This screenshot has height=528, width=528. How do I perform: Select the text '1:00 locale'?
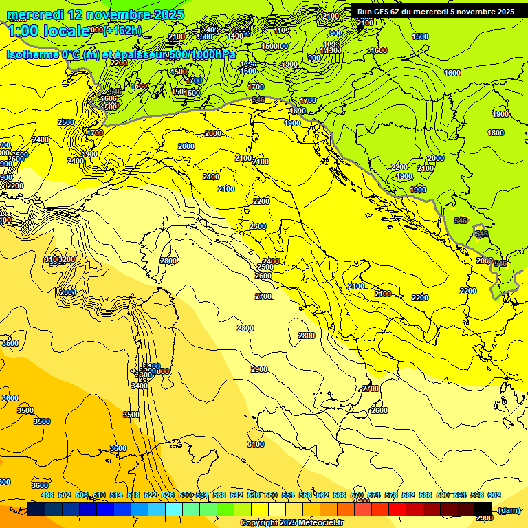coord(48,30)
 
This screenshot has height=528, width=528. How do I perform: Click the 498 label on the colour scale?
coord(47,495)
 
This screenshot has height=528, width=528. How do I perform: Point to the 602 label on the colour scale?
coord(494,495)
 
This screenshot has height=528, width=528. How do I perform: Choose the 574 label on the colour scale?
coord(374,495)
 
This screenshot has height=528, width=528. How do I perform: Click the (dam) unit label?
coord(509,510)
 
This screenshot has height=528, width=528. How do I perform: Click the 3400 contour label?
coord(139,386)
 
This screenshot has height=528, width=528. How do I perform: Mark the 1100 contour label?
coord(282,30)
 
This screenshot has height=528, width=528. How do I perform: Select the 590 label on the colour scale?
coord(442,495)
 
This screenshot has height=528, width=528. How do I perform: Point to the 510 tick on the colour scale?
coord(100,495)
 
